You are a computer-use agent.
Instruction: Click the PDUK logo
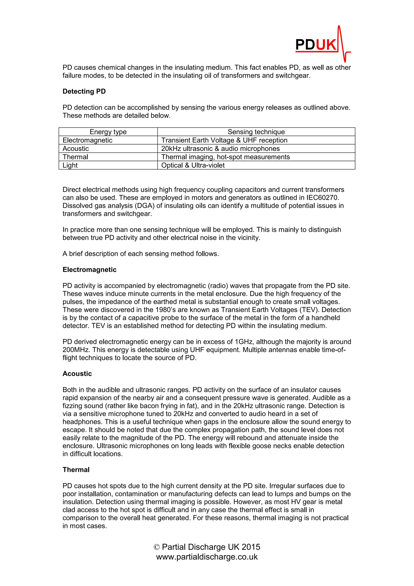(322, 44)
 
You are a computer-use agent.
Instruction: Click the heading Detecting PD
(84, 91)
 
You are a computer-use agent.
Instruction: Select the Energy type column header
(108, 132)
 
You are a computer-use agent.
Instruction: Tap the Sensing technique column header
(256, 132)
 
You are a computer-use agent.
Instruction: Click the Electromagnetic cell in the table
(88, 140)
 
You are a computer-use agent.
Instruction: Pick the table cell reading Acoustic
(76, 149)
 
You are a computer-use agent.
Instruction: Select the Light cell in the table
(70, 165)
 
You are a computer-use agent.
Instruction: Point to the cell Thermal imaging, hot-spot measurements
(225, 157)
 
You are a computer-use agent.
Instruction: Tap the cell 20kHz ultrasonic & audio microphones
(220, 149)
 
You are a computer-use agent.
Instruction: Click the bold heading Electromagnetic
(90, 270)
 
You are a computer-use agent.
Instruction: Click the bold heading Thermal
(76, 470)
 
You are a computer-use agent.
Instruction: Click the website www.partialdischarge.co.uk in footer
(207, 557)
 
